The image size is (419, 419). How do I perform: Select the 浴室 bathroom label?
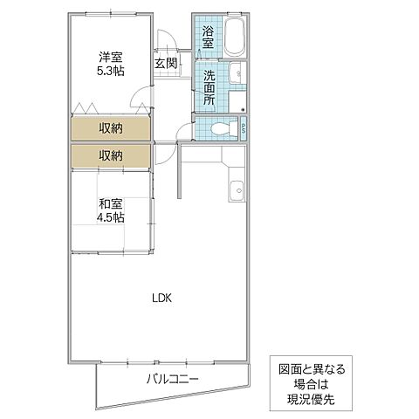tap(209, 38)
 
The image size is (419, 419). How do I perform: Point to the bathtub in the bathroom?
tap(234, 38)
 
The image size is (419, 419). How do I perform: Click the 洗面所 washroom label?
tap(209, 86)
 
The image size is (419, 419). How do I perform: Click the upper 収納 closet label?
tap(110, 128)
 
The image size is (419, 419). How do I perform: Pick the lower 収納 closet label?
tap(110, 155)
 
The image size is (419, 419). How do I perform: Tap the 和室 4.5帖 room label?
tap(111, 213)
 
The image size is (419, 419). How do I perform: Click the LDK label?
tap(162, 298)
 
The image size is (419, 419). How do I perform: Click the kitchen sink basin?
tap(236, 189)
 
